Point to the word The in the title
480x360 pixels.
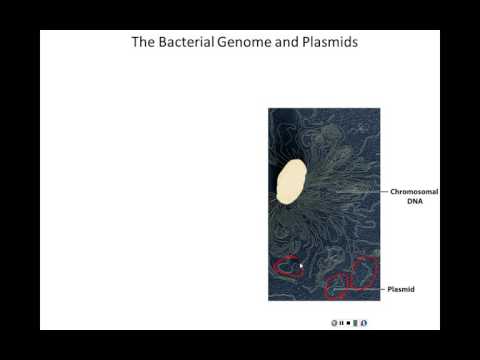(144, 44)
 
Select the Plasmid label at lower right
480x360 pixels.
(401, 289)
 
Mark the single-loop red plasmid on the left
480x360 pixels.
(288, 267)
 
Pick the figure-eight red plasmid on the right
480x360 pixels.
(353, 279)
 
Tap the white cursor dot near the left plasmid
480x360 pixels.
(301, 265)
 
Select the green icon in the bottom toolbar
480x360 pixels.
(356, 323)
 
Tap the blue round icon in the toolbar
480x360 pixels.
(364, 323)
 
